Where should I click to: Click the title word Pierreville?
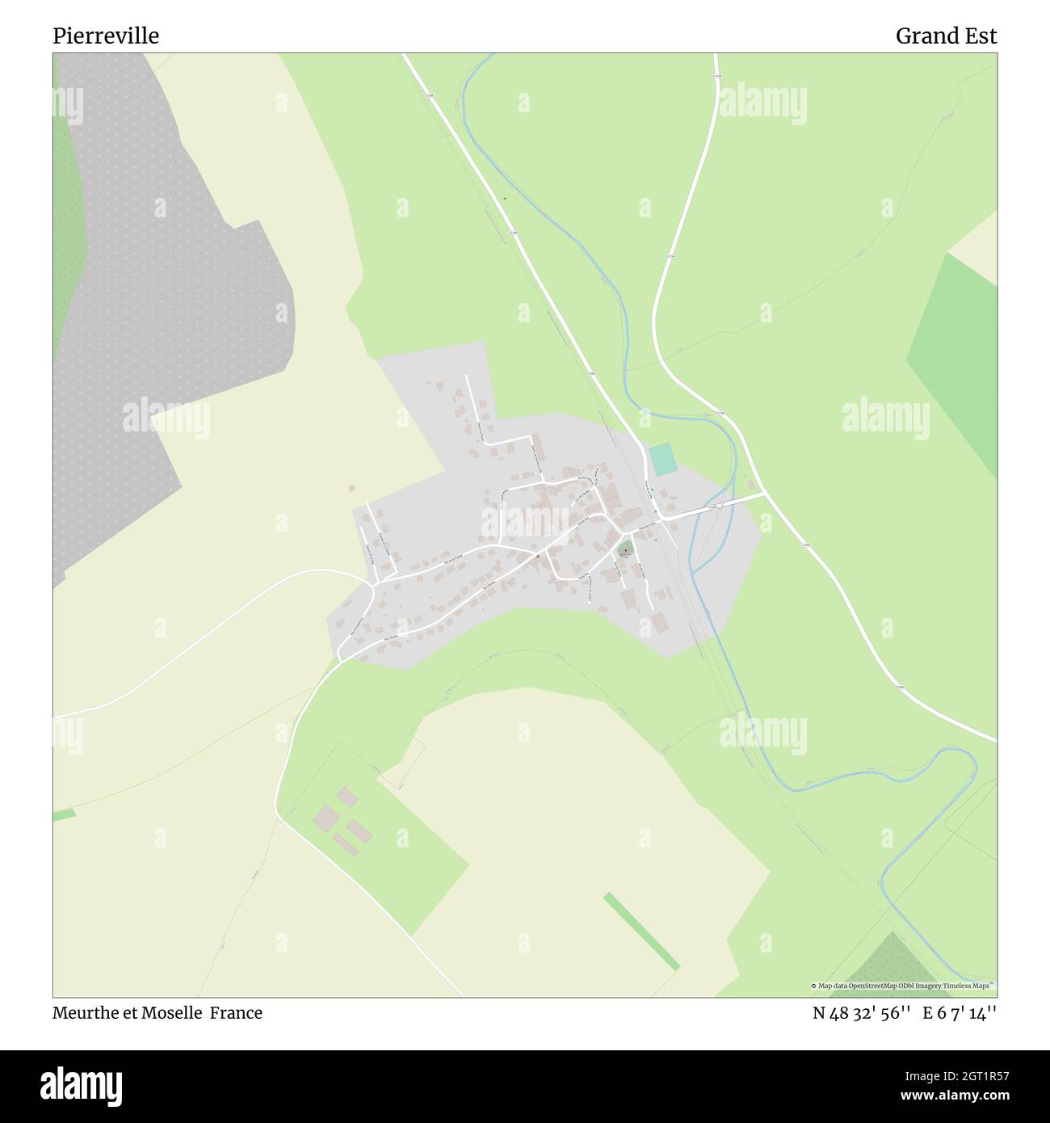coord(106,36)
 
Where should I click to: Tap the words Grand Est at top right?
coord(946,36)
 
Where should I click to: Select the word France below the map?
coord(237,1012)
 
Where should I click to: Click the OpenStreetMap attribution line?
coord(903,986)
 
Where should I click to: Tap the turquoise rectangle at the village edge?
coord(662,459)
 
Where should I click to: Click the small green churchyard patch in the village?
coord(625,550)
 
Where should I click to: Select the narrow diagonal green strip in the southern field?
coord(641,931)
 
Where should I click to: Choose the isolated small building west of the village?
coord(351,488)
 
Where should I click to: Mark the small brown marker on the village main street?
coord(536,556)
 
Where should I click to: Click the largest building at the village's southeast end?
coord(659,623)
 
